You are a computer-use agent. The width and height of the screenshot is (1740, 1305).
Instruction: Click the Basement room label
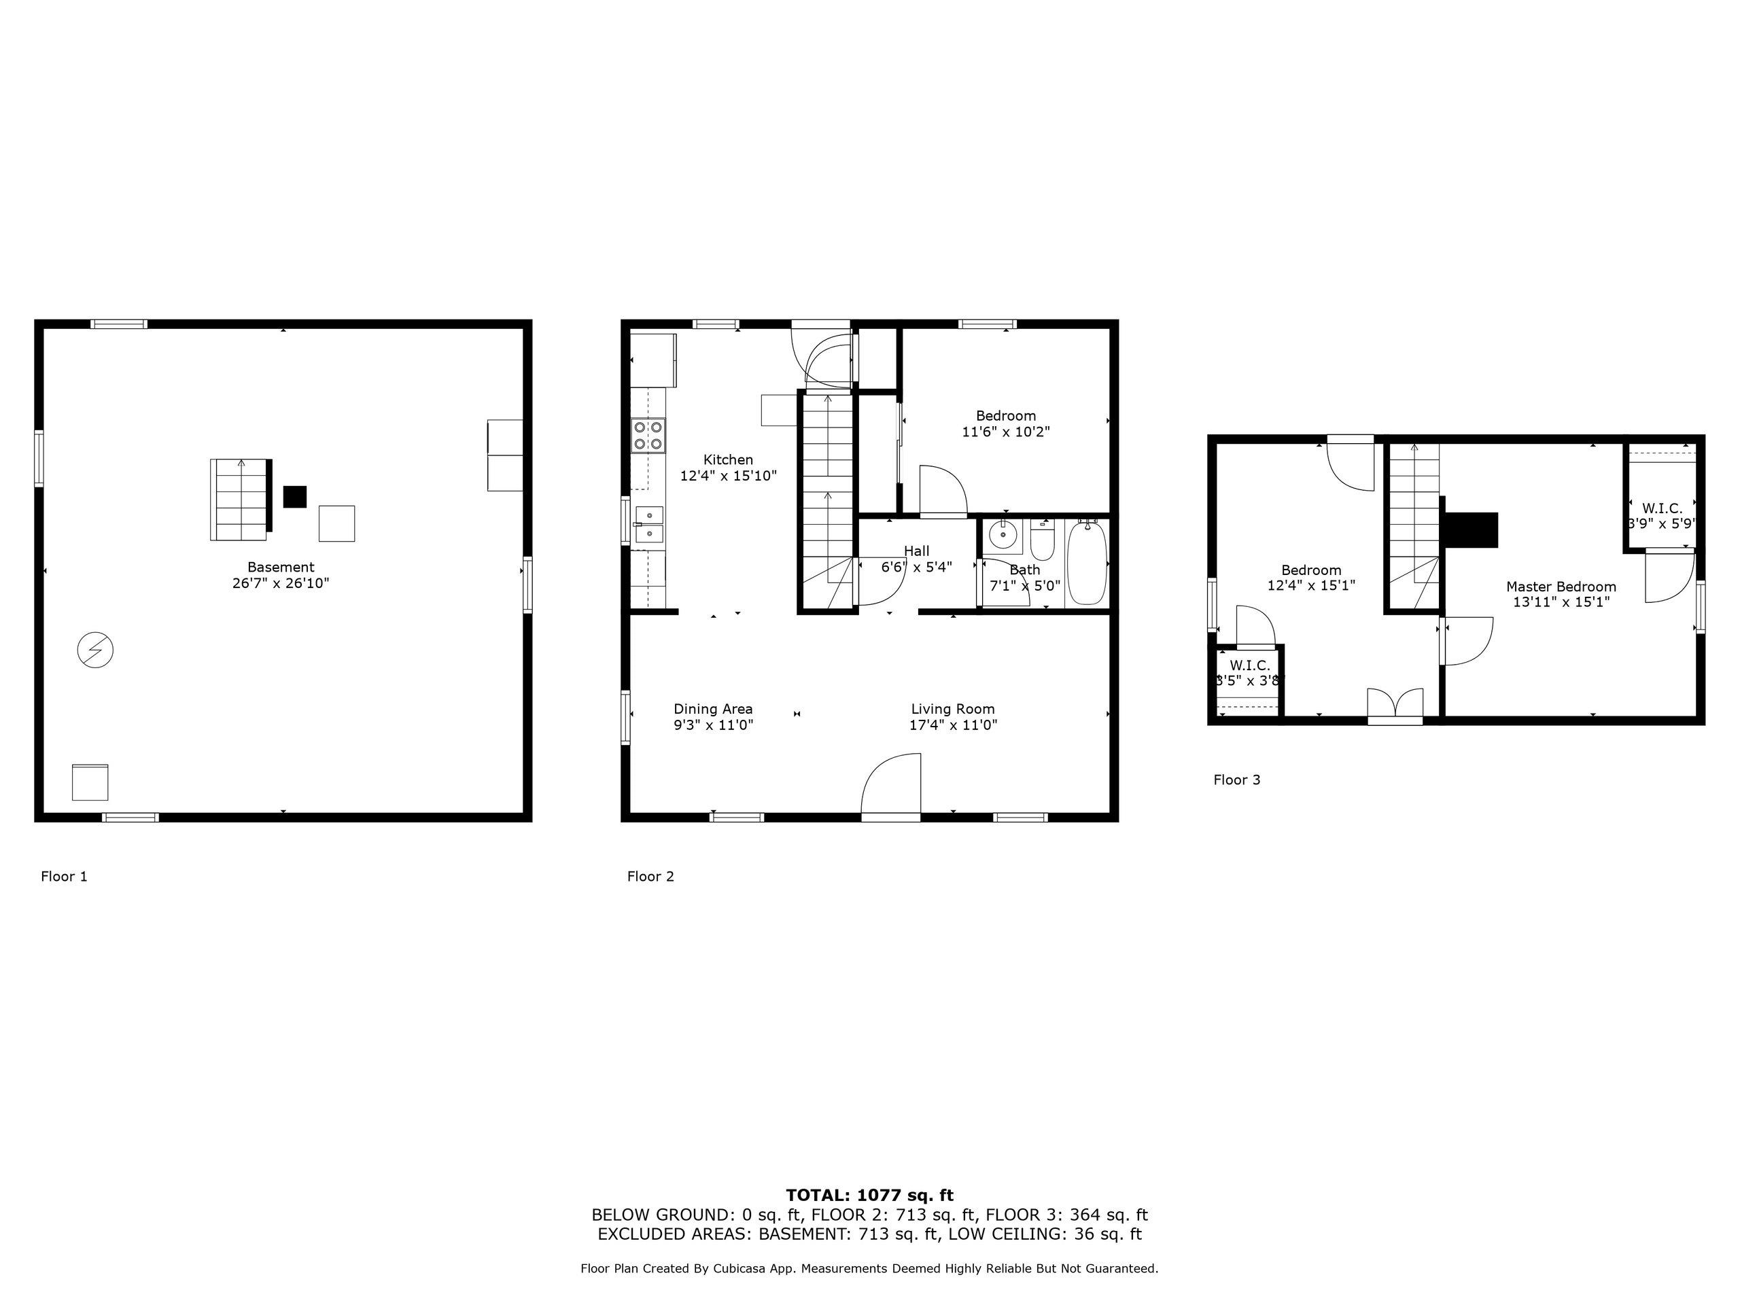pos(281,567)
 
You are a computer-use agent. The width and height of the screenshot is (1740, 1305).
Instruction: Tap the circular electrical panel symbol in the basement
pos(95,650)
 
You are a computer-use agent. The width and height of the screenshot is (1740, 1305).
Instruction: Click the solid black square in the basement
pos(294,496)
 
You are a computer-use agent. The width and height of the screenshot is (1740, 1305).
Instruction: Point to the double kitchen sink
pos(649,525)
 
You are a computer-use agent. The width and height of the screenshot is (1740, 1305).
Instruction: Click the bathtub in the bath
pos(1087,562)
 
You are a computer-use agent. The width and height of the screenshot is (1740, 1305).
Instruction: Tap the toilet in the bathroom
pos(1042,541)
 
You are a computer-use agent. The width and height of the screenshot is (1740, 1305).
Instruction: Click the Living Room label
pos(953,710)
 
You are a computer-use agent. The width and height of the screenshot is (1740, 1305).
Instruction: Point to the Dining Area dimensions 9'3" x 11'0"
pos(714,725)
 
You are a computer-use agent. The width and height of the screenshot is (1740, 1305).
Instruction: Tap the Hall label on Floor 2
pos(916,551)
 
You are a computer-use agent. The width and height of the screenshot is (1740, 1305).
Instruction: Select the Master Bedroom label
pos(1561,587)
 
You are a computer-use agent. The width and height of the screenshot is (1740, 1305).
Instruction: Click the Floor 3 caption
pos(1236,780)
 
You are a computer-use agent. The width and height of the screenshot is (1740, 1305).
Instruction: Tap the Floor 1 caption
pos(65,876)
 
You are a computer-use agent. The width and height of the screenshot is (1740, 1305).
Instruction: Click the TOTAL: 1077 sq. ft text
pos(870,1196)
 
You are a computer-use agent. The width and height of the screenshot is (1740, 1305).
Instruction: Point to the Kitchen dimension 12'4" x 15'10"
pos(729,476)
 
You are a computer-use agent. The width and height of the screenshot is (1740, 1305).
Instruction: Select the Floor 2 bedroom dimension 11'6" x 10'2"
pos(1006,432)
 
